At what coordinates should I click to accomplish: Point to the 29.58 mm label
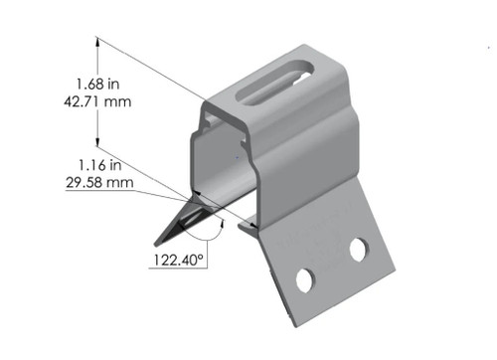(x=98, y=182)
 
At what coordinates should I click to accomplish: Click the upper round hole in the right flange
(x=357, y=250)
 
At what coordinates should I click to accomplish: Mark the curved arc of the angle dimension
(x=213, y=233)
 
